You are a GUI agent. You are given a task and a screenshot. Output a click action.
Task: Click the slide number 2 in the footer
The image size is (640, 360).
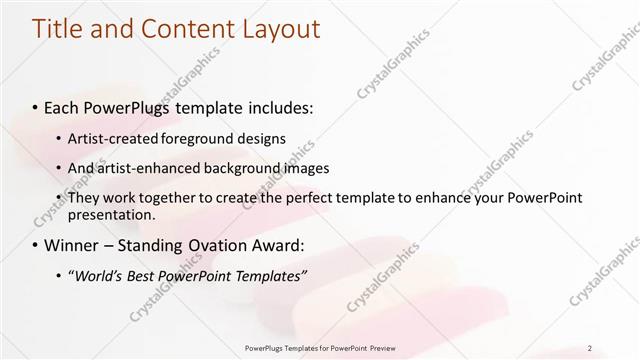click(x=591, y=347)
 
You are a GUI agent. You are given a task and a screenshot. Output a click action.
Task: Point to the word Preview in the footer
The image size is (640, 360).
click(x=393, y=347)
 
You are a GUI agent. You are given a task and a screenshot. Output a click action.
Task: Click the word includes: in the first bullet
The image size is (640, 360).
click(x=274, y=105)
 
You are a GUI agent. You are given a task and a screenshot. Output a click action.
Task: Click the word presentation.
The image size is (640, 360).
click(x=112, y=215)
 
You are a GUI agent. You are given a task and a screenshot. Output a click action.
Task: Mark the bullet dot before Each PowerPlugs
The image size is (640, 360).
click(x=37, y=106)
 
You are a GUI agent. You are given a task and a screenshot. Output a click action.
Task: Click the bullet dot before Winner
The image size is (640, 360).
click(x=37, y=245)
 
